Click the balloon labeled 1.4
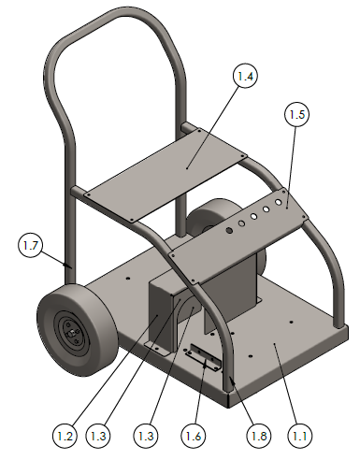coord(245,76)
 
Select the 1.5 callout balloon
coord(296,114)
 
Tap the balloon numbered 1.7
coord(30,246)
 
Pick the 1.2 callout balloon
coord(65,436)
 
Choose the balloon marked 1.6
coord(194,436)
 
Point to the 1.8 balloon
coord(259,436)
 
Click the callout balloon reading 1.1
coord(300,436)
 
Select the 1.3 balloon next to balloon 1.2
coord(98,436)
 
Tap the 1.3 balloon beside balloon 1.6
coord(146,436)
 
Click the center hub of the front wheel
coord(73,332)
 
